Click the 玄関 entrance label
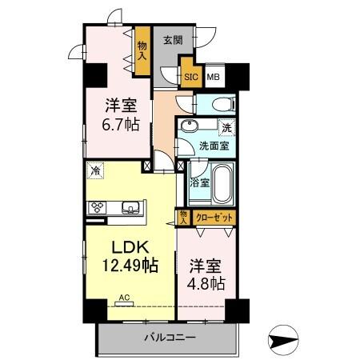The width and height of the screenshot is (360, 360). [x=174, y=40]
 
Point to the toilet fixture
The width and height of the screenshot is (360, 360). [x=221, y=104]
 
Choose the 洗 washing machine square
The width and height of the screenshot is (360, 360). [x=226, y=126]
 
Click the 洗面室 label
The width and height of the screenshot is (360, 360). [x=214, y=146]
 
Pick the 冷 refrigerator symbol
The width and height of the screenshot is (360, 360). [x=95, y=170]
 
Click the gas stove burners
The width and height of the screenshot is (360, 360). [x=98, y=207]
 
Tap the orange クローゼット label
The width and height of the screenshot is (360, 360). [x=214, y=217]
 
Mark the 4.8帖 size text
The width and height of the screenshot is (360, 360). [x=206, y=283]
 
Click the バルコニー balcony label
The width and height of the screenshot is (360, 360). [x=170, y=338]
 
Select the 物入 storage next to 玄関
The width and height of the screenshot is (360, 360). [x=142, y=51]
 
